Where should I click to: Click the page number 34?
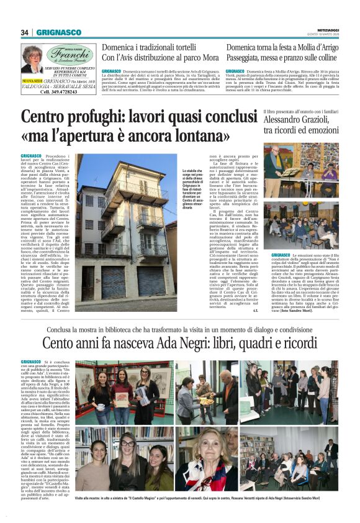click(x=25, y=32)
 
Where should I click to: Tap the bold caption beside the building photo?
click(x=196, y=193)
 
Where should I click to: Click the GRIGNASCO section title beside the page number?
click(x=58, y=32)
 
